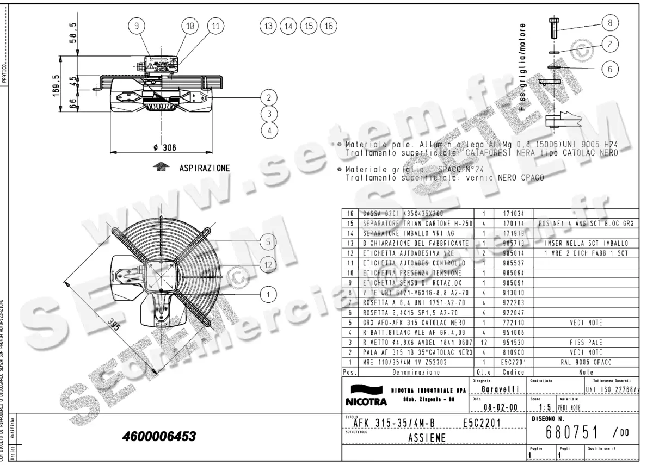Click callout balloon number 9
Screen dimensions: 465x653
pyautogui.click(x=137, y=26)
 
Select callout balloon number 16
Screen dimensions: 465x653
pyautogui.click(x=328, y=26)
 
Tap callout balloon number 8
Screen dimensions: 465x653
pyautogui.click(x=610, y=23)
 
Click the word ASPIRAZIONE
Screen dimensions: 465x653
pyautogui.click(x=205, y=168)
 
